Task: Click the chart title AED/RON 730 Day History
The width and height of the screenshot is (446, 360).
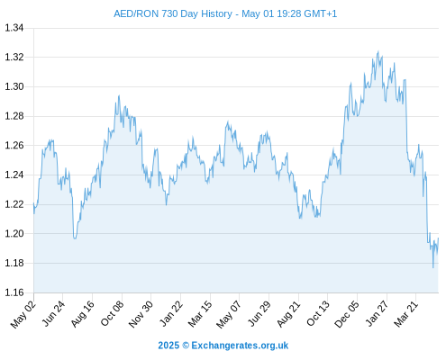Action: click(x=173, y=13)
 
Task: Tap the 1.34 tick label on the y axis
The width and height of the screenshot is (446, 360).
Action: click(x=14, y=28)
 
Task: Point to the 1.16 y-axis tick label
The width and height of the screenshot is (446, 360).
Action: click(x=14, y=292)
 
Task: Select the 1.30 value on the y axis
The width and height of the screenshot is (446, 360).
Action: click(x=14, y=86)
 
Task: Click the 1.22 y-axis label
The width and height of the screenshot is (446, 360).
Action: click(x=14, y=204)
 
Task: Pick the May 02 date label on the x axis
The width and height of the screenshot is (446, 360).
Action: click(x=23, y=314)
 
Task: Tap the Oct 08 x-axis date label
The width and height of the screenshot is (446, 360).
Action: click(x=112, y=314)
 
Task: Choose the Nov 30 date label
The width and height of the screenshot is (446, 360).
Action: click(x=141, y=314)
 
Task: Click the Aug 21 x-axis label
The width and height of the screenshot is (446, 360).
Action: click(x=288, y=314)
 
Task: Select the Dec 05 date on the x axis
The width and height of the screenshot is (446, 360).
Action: click(x=347, y=314)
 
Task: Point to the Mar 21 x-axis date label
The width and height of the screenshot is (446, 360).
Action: click(x=405, y=314)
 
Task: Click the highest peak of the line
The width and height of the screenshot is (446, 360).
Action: click(x=378, y=51)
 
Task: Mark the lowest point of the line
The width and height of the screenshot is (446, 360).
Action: click(x=433, y=267)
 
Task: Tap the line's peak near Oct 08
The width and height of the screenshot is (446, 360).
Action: click(x=119, y=95)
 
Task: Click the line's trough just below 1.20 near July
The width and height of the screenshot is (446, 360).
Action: click(x=75, y=238)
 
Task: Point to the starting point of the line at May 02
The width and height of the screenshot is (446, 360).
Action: click(x=33, y=203)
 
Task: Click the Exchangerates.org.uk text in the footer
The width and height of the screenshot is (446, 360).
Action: click(x=240, y=346)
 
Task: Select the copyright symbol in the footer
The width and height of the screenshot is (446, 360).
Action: click(x=186, y=346)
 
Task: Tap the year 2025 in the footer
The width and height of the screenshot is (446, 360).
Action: click(x=168, y=346)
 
